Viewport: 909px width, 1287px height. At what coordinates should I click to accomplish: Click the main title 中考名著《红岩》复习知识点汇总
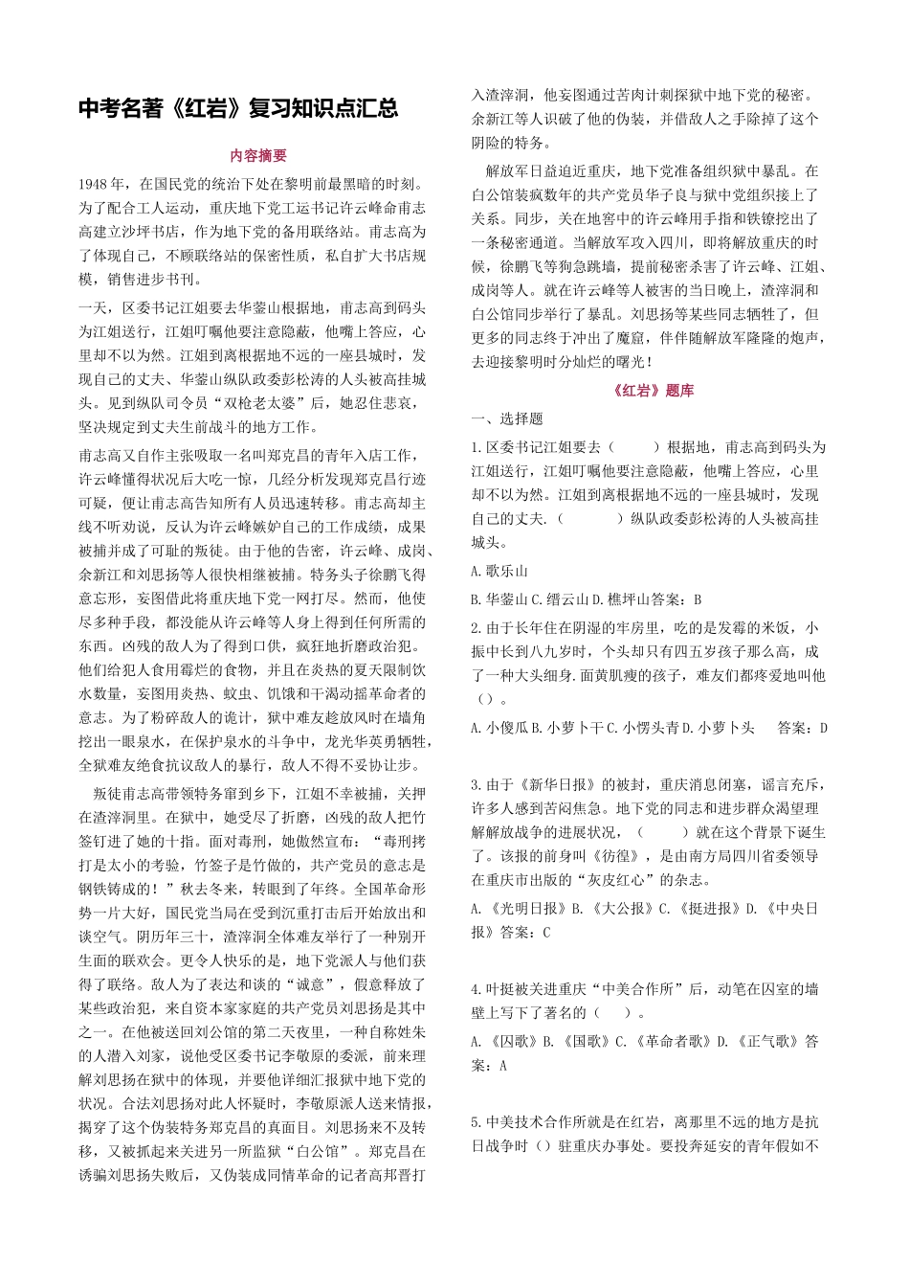[238, 108]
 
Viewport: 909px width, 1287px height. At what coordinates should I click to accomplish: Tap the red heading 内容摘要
[258, 156]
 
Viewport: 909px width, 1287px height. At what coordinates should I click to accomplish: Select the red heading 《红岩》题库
[652, 391]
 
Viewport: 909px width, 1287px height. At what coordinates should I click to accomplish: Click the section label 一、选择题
[507, 418]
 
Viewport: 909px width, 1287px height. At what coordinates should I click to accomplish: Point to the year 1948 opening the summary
[94, 184]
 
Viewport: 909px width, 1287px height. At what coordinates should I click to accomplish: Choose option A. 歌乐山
[499, 571]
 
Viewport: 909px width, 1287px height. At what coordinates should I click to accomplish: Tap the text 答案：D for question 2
[802, 728]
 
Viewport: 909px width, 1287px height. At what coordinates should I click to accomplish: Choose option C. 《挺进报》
[700, 908]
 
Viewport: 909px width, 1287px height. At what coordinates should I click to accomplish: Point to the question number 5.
[476, 1122]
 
